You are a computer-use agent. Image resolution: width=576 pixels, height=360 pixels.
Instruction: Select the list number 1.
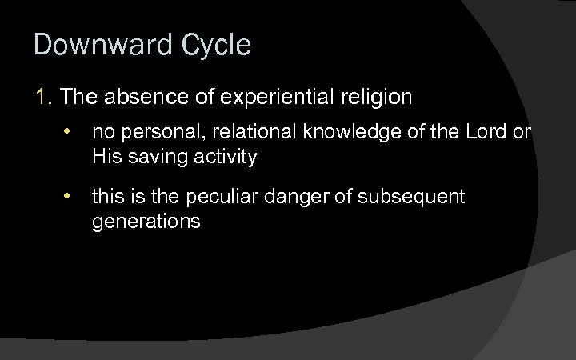coord(43,98)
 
